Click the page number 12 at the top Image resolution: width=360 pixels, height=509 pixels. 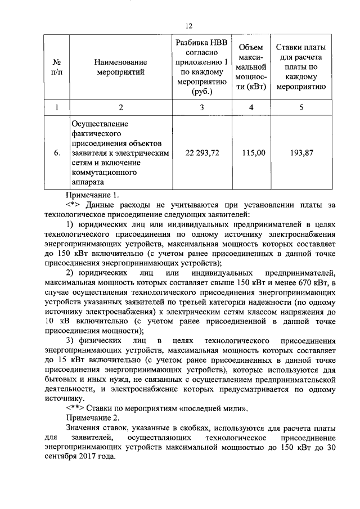(x=189, y=25)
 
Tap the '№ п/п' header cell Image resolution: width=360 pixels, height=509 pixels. (x=57, y=66)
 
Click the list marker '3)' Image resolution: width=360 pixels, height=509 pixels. (x=71, y=341)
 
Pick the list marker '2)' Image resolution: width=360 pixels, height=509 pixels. (x=71, y=272)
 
